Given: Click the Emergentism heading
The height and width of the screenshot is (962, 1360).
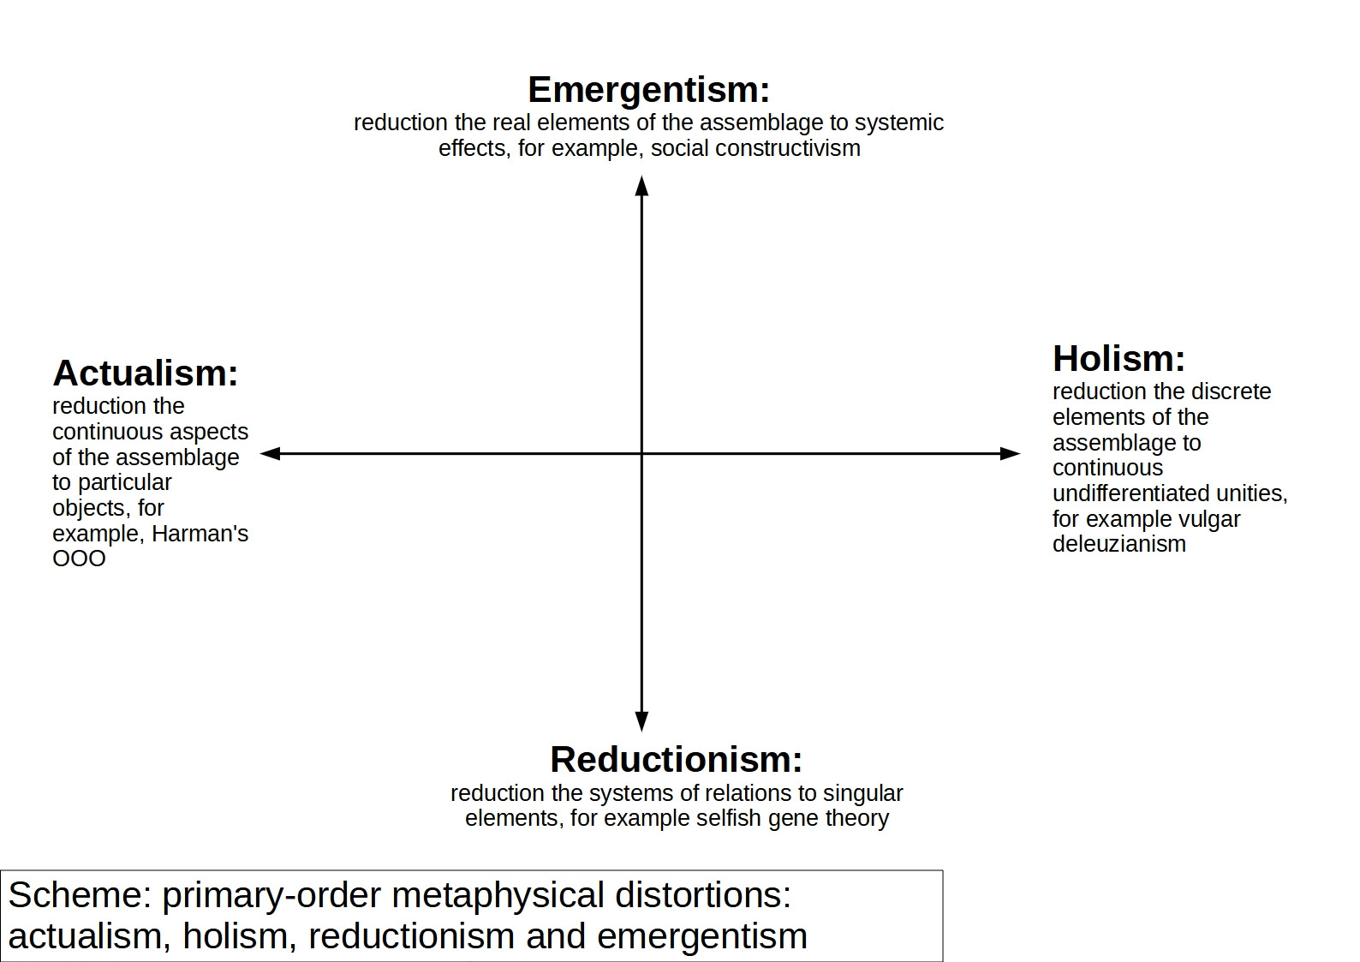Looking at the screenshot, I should (x=648, y=90).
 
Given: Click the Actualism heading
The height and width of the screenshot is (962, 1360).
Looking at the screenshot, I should (x=146, y=373).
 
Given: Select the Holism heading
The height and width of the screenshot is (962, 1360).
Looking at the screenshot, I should (x=1118, y=359).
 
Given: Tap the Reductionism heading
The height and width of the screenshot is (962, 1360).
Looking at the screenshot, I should (x=676, y=760).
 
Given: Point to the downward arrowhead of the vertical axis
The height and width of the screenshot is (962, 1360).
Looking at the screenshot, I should (x=641, y=721).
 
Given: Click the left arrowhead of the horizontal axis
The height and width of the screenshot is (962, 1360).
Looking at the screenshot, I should (x=270, y=453).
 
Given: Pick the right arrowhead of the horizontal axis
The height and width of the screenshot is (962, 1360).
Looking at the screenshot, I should (x=1011, y=453).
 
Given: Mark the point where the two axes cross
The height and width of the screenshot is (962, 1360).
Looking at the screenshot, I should (x=641, y=453).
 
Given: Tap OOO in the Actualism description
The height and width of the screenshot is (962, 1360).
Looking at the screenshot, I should (x=79, y=559).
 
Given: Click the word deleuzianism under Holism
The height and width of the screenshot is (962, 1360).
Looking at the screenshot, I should (x=1118, y=544).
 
